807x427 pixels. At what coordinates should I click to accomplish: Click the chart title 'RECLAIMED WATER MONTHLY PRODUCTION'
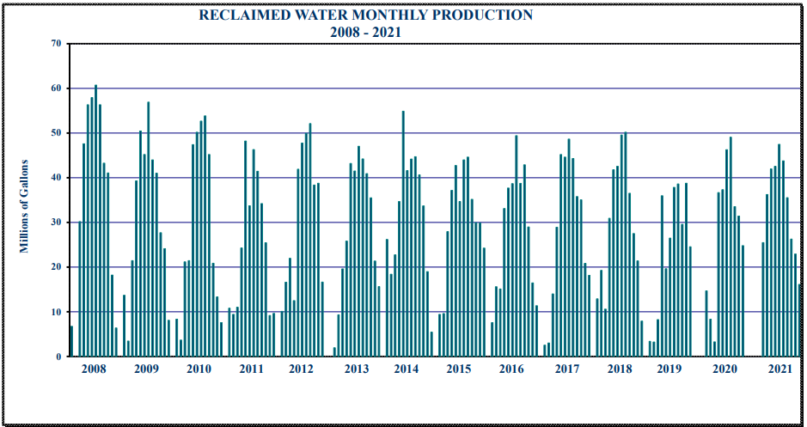click(x=365, y=15)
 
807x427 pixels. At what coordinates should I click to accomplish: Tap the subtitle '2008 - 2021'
click(x=365, y=33)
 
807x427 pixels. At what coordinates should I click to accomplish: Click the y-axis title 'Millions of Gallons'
click(x=25, y=206)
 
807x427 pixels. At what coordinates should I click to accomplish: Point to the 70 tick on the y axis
click(x=56, y=44)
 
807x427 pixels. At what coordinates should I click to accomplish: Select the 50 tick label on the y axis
click(x=56, y=133)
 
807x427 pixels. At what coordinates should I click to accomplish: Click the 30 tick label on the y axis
click(x=56, y=223)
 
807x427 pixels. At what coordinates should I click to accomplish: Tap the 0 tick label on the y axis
click(x=58, y=357)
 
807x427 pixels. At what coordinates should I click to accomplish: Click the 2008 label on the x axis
click(x=93, y=369)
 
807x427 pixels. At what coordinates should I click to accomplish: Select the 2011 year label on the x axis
click(x=251, y=369)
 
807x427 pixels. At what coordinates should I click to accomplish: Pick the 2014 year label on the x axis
click(x=407, y=369)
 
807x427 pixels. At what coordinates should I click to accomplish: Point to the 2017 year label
click(x=567, y=369)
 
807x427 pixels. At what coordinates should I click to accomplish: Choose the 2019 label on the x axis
click(x=669, y=369)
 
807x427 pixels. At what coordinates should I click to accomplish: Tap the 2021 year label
click(x=779, y=369)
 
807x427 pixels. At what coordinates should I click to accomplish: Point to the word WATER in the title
click(x=297, y=15)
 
